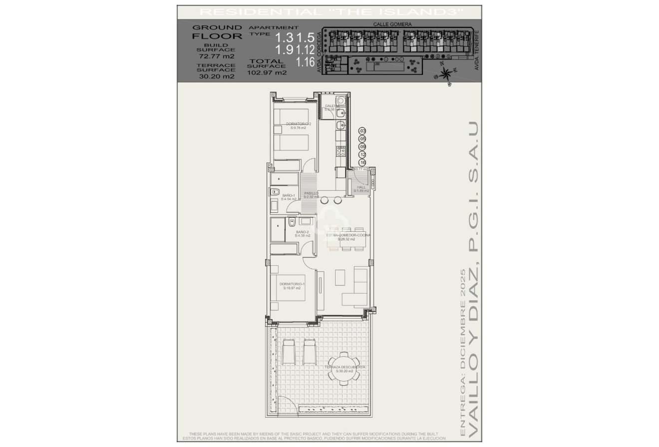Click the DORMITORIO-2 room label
coord(299,126)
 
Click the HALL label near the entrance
coord(361,189)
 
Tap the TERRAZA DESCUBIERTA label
coord(344,369)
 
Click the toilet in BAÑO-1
coord(275,191)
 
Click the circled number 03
coord(363,131)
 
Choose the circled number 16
coord(363,163)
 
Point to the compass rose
coord(445,74)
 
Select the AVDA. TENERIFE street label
coord(477,50)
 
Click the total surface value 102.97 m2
coord(267,72)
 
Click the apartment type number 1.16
coord(305,62)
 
